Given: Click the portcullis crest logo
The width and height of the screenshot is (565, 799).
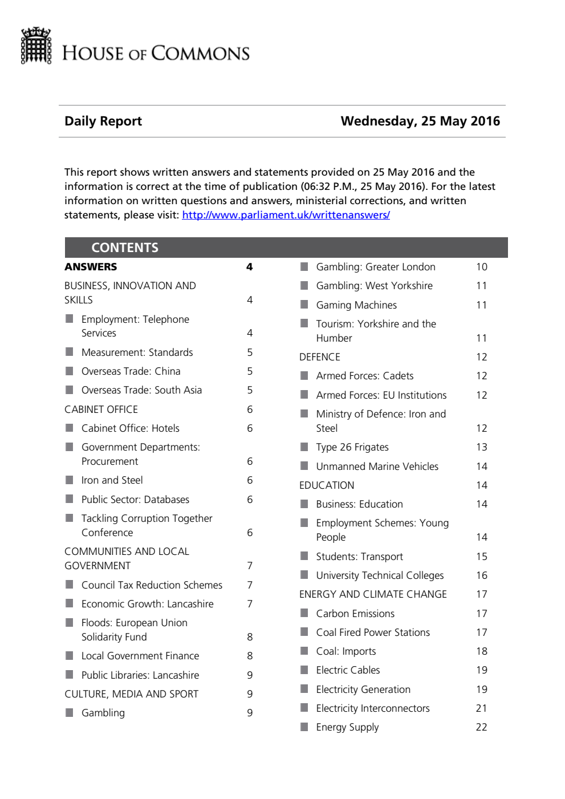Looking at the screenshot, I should click(x=36, y=46).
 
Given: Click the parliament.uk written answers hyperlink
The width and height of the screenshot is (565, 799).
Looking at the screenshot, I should click(x=286, y=215).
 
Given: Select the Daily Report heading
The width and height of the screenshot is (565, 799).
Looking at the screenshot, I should click(x=103, y=121).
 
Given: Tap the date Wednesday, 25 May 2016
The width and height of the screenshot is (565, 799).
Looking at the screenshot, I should click(x=420, y=121).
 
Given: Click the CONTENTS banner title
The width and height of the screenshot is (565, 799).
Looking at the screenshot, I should click(x=125, y=248).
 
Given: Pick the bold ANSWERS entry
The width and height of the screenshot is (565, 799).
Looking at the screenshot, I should click(x=91, y=267).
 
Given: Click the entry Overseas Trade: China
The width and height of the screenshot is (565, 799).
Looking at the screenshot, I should click(x=131, y=371).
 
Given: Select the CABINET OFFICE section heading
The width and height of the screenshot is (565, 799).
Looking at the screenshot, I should click(x=101, y=409).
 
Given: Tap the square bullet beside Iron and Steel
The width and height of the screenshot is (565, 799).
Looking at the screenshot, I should click(x=70, y=480).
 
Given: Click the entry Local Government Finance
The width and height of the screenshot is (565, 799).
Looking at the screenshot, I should click(x=140, y=656).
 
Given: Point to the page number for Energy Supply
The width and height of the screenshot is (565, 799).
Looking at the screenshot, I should click(x=481, y=727).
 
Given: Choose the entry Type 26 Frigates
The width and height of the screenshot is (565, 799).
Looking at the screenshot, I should click(x=352, y=447).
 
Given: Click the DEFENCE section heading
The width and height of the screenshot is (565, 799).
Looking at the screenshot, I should click(x=319, y=357).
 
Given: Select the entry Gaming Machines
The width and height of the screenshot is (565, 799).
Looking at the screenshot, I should click(x=356, y=305).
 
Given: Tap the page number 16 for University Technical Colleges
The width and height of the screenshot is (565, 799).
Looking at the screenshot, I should click(x=481, y=575).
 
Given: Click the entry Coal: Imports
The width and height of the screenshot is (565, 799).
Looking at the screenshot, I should click(x=345, y=651).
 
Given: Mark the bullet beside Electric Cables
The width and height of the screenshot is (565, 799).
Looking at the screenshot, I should click(x=304, y=670).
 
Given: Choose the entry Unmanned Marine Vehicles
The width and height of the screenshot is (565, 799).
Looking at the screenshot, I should click(x=377, y=467).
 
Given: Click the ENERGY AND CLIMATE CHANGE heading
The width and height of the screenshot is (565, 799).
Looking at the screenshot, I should click(x=373, y=594).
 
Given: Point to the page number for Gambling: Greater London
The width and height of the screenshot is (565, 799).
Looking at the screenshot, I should click(x=481, y=267).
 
